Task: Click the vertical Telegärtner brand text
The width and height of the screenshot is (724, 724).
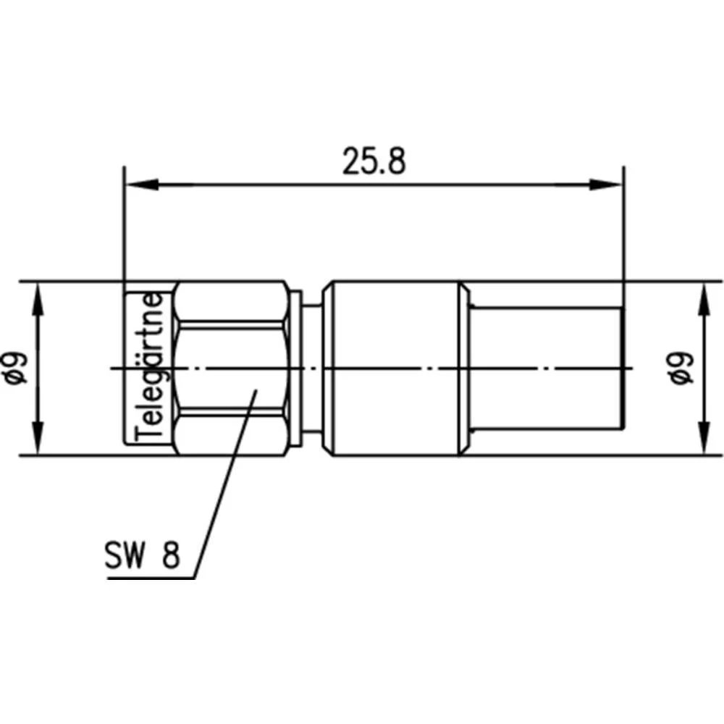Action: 150,368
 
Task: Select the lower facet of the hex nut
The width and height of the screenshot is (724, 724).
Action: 232,434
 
